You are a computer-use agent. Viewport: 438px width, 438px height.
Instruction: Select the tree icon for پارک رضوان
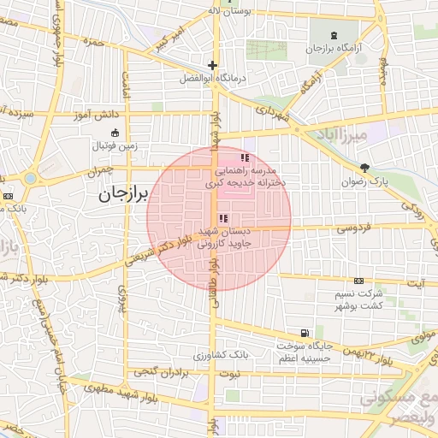[365, 168]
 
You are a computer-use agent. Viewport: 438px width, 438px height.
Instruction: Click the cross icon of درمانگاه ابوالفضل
[212, 65]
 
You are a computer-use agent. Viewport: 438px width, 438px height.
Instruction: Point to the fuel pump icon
[304, 333]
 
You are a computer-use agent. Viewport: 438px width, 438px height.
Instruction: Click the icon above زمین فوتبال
[115, 133]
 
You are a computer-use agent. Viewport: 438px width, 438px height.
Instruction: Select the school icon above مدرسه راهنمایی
[246, 158]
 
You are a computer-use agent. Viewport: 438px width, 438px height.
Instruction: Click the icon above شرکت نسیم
[358, 281]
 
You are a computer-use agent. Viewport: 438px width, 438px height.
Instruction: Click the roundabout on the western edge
[33, 179]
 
